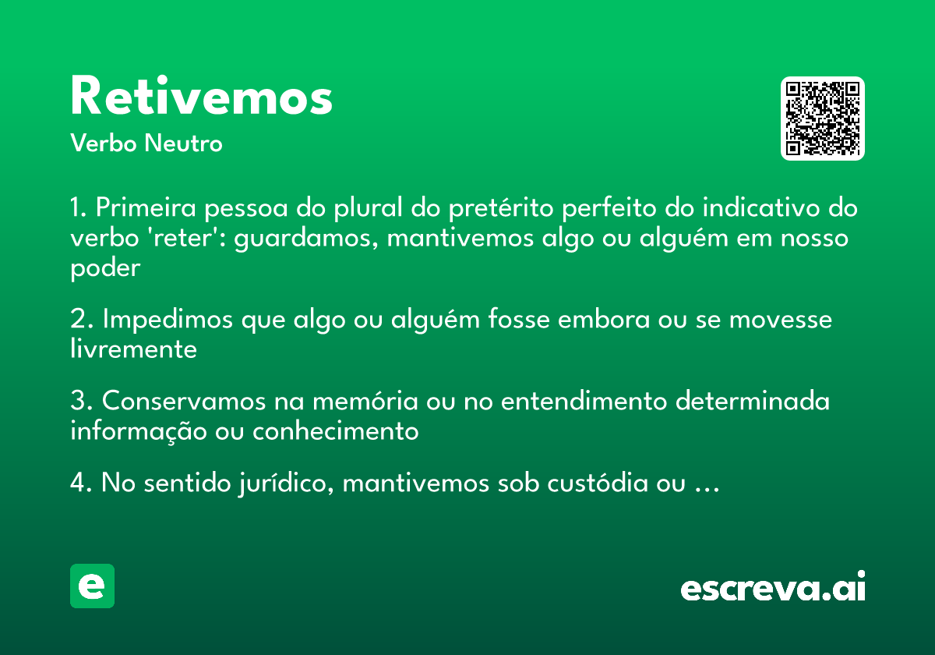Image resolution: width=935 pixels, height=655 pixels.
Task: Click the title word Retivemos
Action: [x=201, y=97]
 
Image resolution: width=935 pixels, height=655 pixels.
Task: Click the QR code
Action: [x=823, y=119]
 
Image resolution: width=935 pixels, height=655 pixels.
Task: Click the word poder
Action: [x=105, y=267]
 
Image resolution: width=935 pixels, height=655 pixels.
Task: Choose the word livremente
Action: [x=133, y=349]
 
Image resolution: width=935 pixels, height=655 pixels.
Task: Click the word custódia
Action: [x=608, y=483]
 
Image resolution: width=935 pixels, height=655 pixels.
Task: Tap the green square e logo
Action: [x=92, y=586]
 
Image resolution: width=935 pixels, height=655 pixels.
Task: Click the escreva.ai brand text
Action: [x=773, y=587]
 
